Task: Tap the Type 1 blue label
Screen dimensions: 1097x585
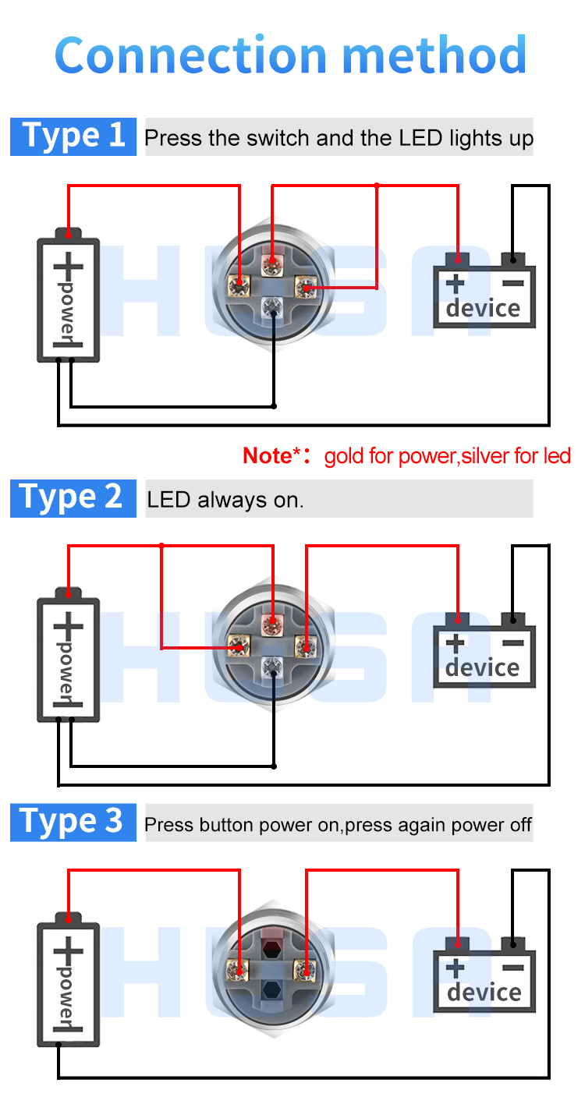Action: [x=73, y=136]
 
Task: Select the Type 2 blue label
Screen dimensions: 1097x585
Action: [x=73, y=497]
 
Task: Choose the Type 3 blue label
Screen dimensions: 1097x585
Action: [x=73, y=822]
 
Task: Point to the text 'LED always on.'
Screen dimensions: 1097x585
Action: [x=225, y=500]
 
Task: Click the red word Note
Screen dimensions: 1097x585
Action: [x=268, y=455]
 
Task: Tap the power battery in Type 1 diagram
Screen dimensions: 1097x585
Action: [x=69, y=299]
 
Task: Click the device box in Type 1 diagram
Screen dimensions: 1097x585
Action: [x=484, y=296]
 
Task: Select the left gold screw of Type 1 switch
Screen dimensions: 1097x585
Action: [x=236, y=285]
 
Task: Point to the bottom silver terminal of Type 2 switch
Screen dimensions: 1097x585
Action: [x=272, y=665]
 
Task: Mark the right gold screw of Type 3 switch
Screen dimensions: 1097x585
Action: [x=303, y=969]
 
